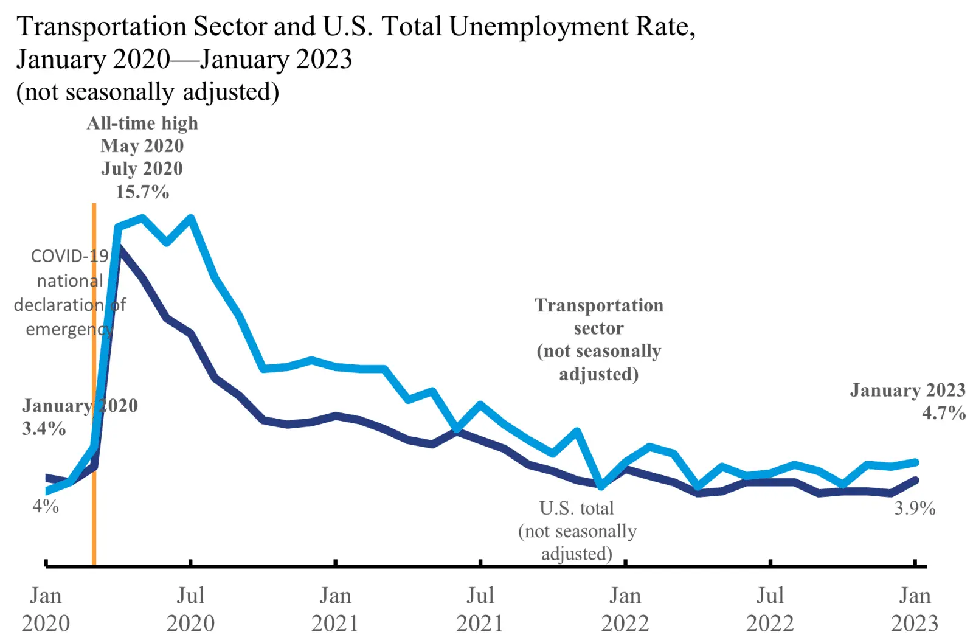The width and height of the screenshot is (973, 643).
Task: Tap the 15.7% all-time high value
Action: click(x=142, y=192)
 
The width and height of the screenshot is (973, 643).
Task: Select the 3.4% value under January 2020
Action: click(x=44, y=428)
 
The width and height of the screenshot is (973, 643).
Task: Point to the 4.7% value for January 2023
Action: click(x=943, y=413)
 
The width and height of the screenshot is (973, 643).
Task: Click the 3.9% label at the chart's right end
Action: click(x=914, y=508)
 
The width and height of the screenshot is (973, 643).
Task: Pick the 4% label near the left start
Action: click(x=46, y=506)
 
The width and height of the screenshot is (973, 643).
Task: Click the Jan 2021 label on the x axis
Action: click(x=336, y=609)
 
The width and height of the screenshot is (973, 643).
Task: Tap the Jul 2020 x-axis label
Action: click(x=190, y=609)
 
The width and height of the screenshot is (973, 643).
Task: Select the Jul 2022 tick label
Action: click(x=770, y=609)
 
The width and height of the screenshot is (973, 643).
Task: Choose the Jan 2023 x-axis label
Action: click(x=915, y=609)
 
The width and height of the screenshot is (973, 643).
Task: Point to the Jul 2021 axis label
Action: click(x=480, y=609)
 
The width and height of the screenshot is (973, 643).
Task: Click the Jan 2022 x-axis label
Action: click(x=625, y=609)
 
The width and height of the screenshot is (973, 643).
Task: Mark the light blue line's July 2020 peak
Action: click(x=191, y=218)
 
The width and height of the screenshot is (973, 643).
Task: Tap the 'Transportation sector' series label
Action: click(x=599, y=316)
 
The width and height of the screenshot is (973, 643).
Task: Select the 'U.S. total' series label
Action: click(x=577, y=508)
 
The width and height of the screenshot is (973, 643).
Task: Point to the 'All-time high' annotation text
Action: click(x=142, y=123)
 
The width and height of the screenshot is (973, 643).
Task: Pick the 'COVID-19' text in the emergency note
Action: click(x=69, y=256)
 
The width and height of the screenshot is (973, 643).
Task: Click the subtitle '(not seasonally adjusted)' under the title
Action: click(x=148, y=92)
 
